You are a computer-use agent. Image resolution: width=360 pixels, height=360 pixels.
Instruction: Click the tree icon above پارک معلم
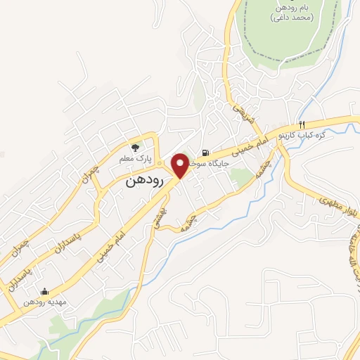point(136,147)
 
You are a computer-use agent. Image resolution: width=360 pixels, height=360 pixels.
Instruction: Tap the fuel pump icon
point(205,153)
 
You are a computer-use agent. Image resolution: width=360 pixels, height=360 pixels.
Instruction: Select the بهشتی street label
point(157,218)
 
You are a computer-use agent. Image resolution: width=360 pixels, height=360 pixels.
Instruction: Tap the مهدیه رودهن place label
point(44,302)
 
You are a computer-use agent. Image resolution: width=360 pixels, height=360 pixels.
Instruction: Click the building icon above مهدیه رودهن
point(44,291)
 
